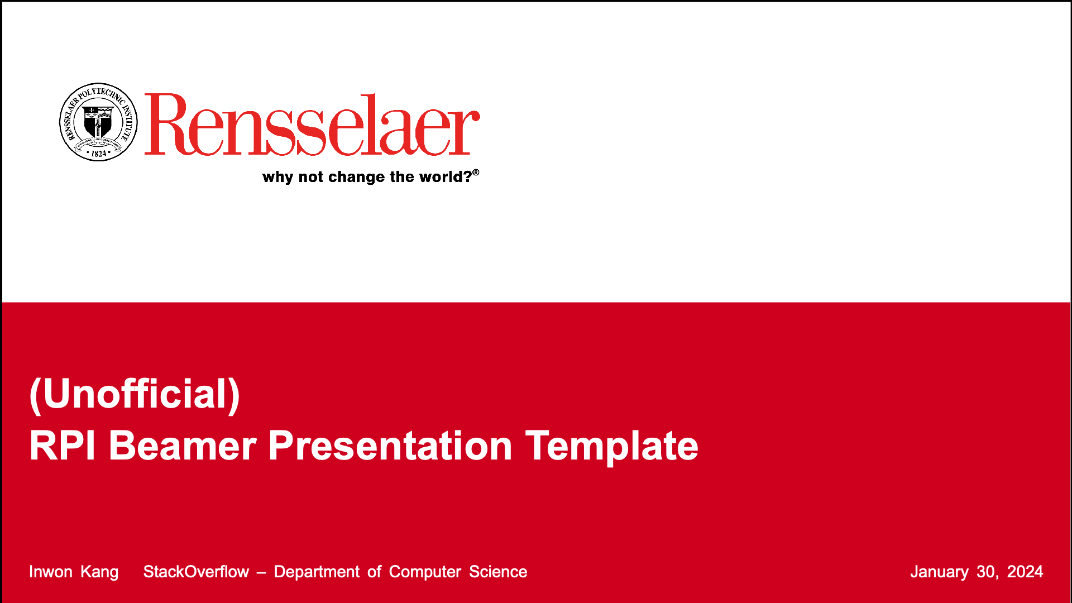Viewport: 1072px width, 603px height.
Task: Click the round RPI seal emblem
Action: click(x=98, y=122)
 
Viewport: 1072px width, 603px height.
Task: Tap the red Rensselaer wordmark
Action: click(x=312, y=125)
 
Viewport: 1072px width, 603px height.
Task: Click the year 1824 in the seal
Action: click(x=99, y=154)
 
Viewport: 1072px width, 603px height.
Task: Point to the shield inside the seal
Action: click(x=98, y=121)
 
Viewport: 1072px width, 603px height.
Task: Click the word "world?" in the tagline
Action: click(x=446, y=176)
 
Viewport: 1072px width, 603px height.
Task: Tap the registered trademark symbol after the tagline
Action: click(x=476, y=173)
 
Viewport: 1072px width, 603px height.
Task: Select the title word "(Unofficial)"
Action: click(x=135, y=395)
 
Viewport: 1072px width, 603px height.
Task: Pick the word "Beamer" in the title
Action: click(x=183, y=446)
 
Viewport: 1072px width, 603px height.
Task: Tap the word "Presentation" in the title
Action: click(x=390, y=446)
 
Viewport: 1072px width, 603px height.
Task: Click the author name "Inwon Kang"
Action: click(x=74, y=572)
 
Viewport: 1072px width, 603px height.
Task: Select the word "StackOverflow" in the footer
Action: click(x=196, y=572)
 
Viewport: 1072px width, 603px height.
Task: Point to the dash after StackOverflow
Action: click(x=261, y=573)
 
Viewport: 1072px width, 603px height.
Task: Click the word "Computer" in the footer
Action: click(x=425, y=572)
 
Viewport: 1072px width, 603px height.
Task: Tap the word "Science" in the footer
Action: click(x=498, y=572)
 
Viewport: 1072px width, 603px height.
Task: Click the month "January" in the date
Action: click(x=940, y=572)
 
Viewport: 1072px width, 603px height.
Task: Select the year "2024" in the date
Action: click(x=1025, y=572)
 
